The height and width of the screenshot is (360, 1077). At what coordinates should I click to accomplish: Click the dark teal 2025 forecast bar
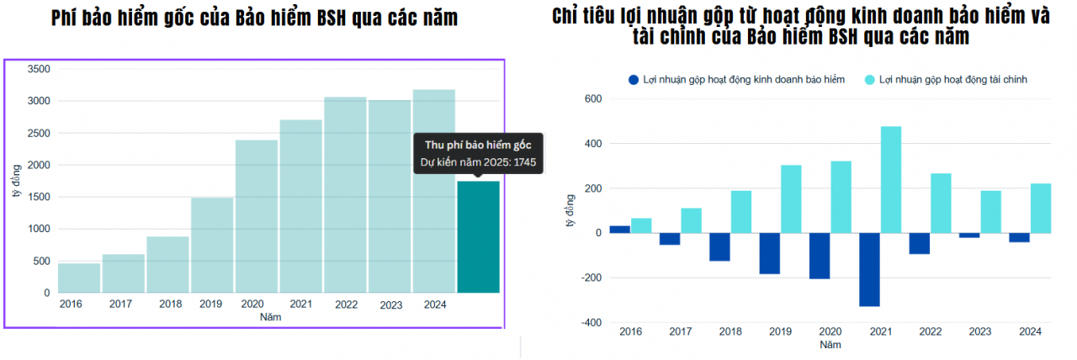[478, 237]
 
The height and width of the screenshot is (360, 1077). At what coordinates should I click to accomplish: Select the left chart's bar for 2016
[79, 278]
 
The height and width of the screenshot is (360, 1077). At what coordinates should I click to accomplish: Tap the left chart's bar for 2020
[257, 217]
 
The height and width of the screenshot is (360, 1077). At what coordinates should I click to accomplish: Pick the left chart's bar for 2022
[346, 195]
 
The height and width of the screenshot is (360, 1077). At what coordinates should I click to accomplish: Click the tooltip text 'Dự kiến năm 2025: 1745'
[478, 161]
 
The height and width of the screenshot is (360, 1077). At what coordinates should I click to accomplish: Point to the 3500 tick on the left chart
[38, 69]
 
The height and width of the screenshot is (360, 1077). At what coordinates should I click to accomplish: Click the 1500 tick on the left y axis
[38, 197]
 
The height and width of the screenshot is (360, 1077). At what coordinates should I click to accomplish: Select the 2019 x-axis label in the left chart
[210, 304]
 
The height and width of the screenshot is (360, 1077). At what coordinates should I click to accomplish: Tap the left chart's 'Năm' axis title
[270, 317]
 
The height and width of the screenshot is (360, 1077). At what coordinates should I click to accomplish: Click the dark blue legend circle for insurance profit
[634, 79]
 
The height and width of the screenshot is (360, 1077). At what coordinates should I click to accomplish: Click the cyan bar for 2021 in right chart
[891, 180]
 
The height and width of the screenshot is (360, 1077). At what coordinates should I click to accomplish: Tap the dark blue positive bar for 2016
[619, 230]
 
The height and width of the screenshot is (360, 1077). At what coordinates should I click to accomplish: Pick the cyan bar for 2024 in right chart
[1041, 209]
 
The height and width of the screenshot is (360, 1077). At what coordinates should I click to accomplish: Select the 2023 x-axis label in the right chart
[980, 332]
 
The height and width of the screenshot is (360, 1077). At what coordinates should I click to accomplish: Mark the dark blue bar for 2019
[769, 253]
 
